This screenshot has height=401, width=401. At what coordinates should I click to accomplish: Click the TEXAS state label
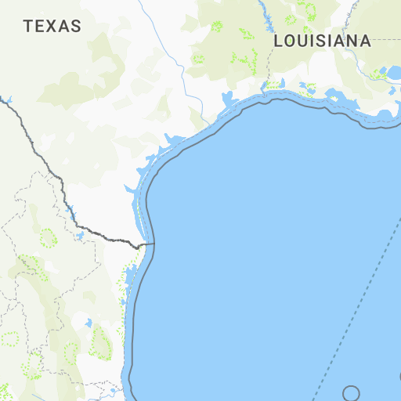tap(52, 26)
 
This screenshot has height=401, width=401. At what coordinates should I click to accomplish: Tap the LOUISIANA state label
tap(322, 41)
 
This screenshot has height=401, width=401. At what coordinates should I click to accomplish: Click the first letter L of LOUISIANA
tap(278, 41)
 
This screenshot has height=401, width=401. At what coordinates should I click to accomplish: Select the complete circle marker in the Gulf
tap(351, 393)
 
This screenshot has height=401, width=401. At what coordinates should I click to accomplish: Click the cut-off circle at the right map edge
tap(399, 377)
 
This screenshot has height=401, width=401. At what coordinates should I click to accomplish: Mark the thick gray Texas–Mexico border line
tap(47, 165)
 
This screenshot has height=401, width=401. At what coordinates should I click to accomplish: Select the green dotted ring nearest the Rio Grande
tap(49, 237)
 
